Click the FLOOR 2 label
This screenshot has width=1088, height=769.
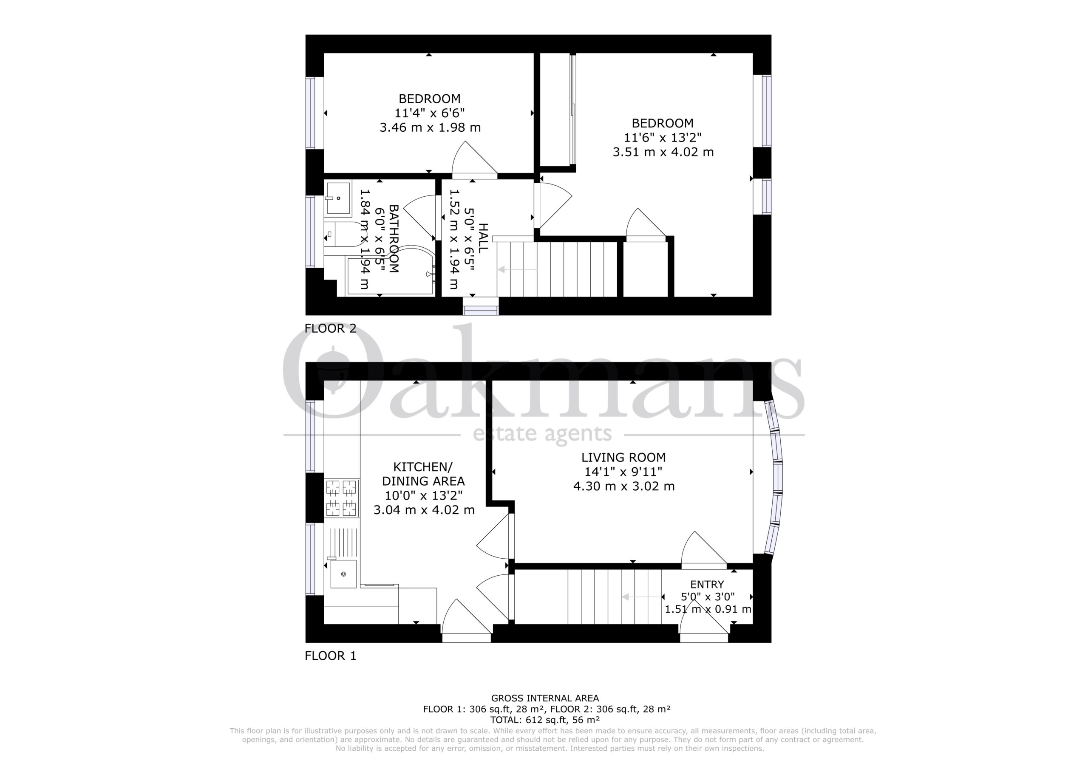point(330,328)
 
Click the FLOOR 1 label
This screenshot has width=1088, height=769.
point(330,656)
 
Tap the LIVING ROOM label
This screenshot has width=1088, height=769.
point(623,457)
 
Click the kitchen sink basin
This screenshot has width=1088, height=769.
point(343,574)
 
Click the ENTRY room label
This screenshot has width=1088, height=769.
point(707,585)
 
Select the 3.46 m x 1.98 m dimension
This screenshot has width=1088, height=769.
point(430,127)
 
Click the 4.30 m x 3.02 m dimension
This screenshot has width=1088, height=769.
point(623,486)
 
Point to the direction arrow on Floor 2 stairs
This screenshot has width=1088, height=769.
point(516,270)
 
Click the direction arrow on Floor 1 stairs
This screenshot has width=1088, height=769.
point(642,597)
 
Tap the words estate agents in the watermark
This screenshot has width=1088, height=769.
point(542,433)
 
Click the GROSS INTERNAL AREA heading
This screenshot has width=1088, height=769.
point(545,698)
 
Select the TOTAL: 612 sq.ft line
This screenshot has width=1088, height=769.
point(545,720)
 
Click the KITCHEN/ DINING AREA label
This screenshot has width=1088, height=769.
point(423,474)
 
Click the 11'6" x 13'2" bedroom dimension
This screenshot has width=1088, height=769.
point(663,137)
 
